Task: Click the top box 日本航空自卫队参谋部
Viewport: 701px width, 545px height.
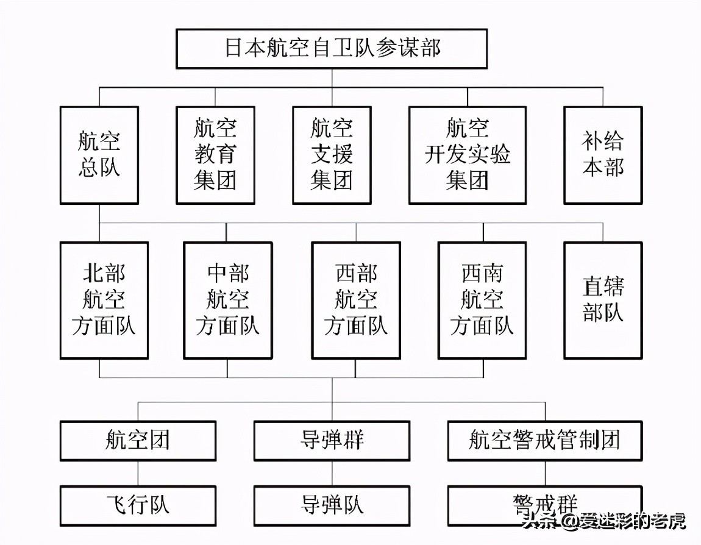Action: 332,49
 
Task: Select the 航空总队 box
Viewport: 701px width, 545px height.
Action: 99,155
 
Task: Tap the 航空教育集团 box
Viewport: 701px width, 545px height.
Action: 215,155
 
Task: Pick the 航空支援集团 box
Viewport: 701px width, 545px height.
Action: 332,155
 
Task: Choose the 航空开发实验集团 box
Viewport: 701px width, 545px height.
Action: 468,155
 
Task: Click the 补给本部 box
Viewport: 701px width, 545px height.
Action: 603,155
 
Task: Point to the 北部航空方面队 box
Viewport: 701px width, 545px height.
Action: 104,300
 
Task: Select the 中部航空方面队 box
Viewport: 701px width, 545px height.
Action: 227,300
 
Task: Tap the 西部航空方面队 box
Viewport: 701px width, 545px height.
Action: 356,300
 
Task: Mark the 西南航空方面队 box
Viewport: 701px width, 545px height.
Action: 482,300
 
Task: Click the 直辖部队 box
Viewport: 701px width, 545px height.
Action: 603,300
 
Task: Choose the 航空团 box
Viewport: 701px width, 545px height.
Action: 138,440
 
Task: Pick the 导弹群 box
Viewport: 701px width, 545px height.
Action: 332,440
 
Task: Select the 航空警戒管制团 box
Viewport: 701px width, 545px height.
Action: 544,440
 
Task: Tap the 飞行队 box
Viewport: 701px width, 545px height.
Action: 138,505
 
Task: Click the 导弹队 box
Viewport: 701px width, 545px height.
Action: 332,505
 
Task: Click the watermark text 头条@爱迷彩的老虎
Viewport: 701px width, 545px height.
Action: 603,521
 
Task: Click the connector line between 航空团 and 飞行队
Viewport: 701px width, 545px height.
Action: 138,473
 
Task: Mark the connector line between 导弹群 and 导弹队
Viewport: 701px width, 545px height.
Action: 332,473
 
